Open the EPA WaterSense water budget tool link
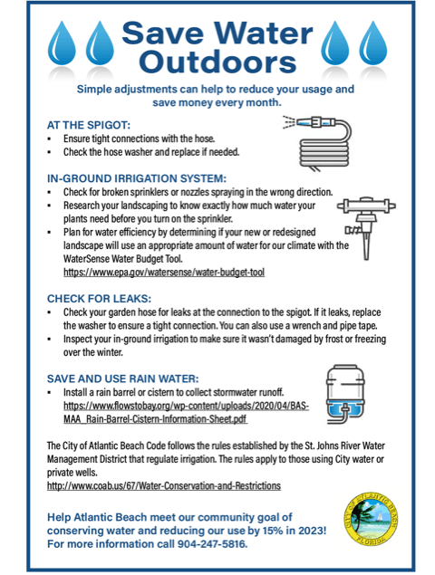point(163,272)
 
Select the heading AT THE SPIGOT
point(88,124)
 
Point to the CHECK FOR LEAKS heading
point(103,296)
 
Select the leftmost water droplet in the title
point(63,45)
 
